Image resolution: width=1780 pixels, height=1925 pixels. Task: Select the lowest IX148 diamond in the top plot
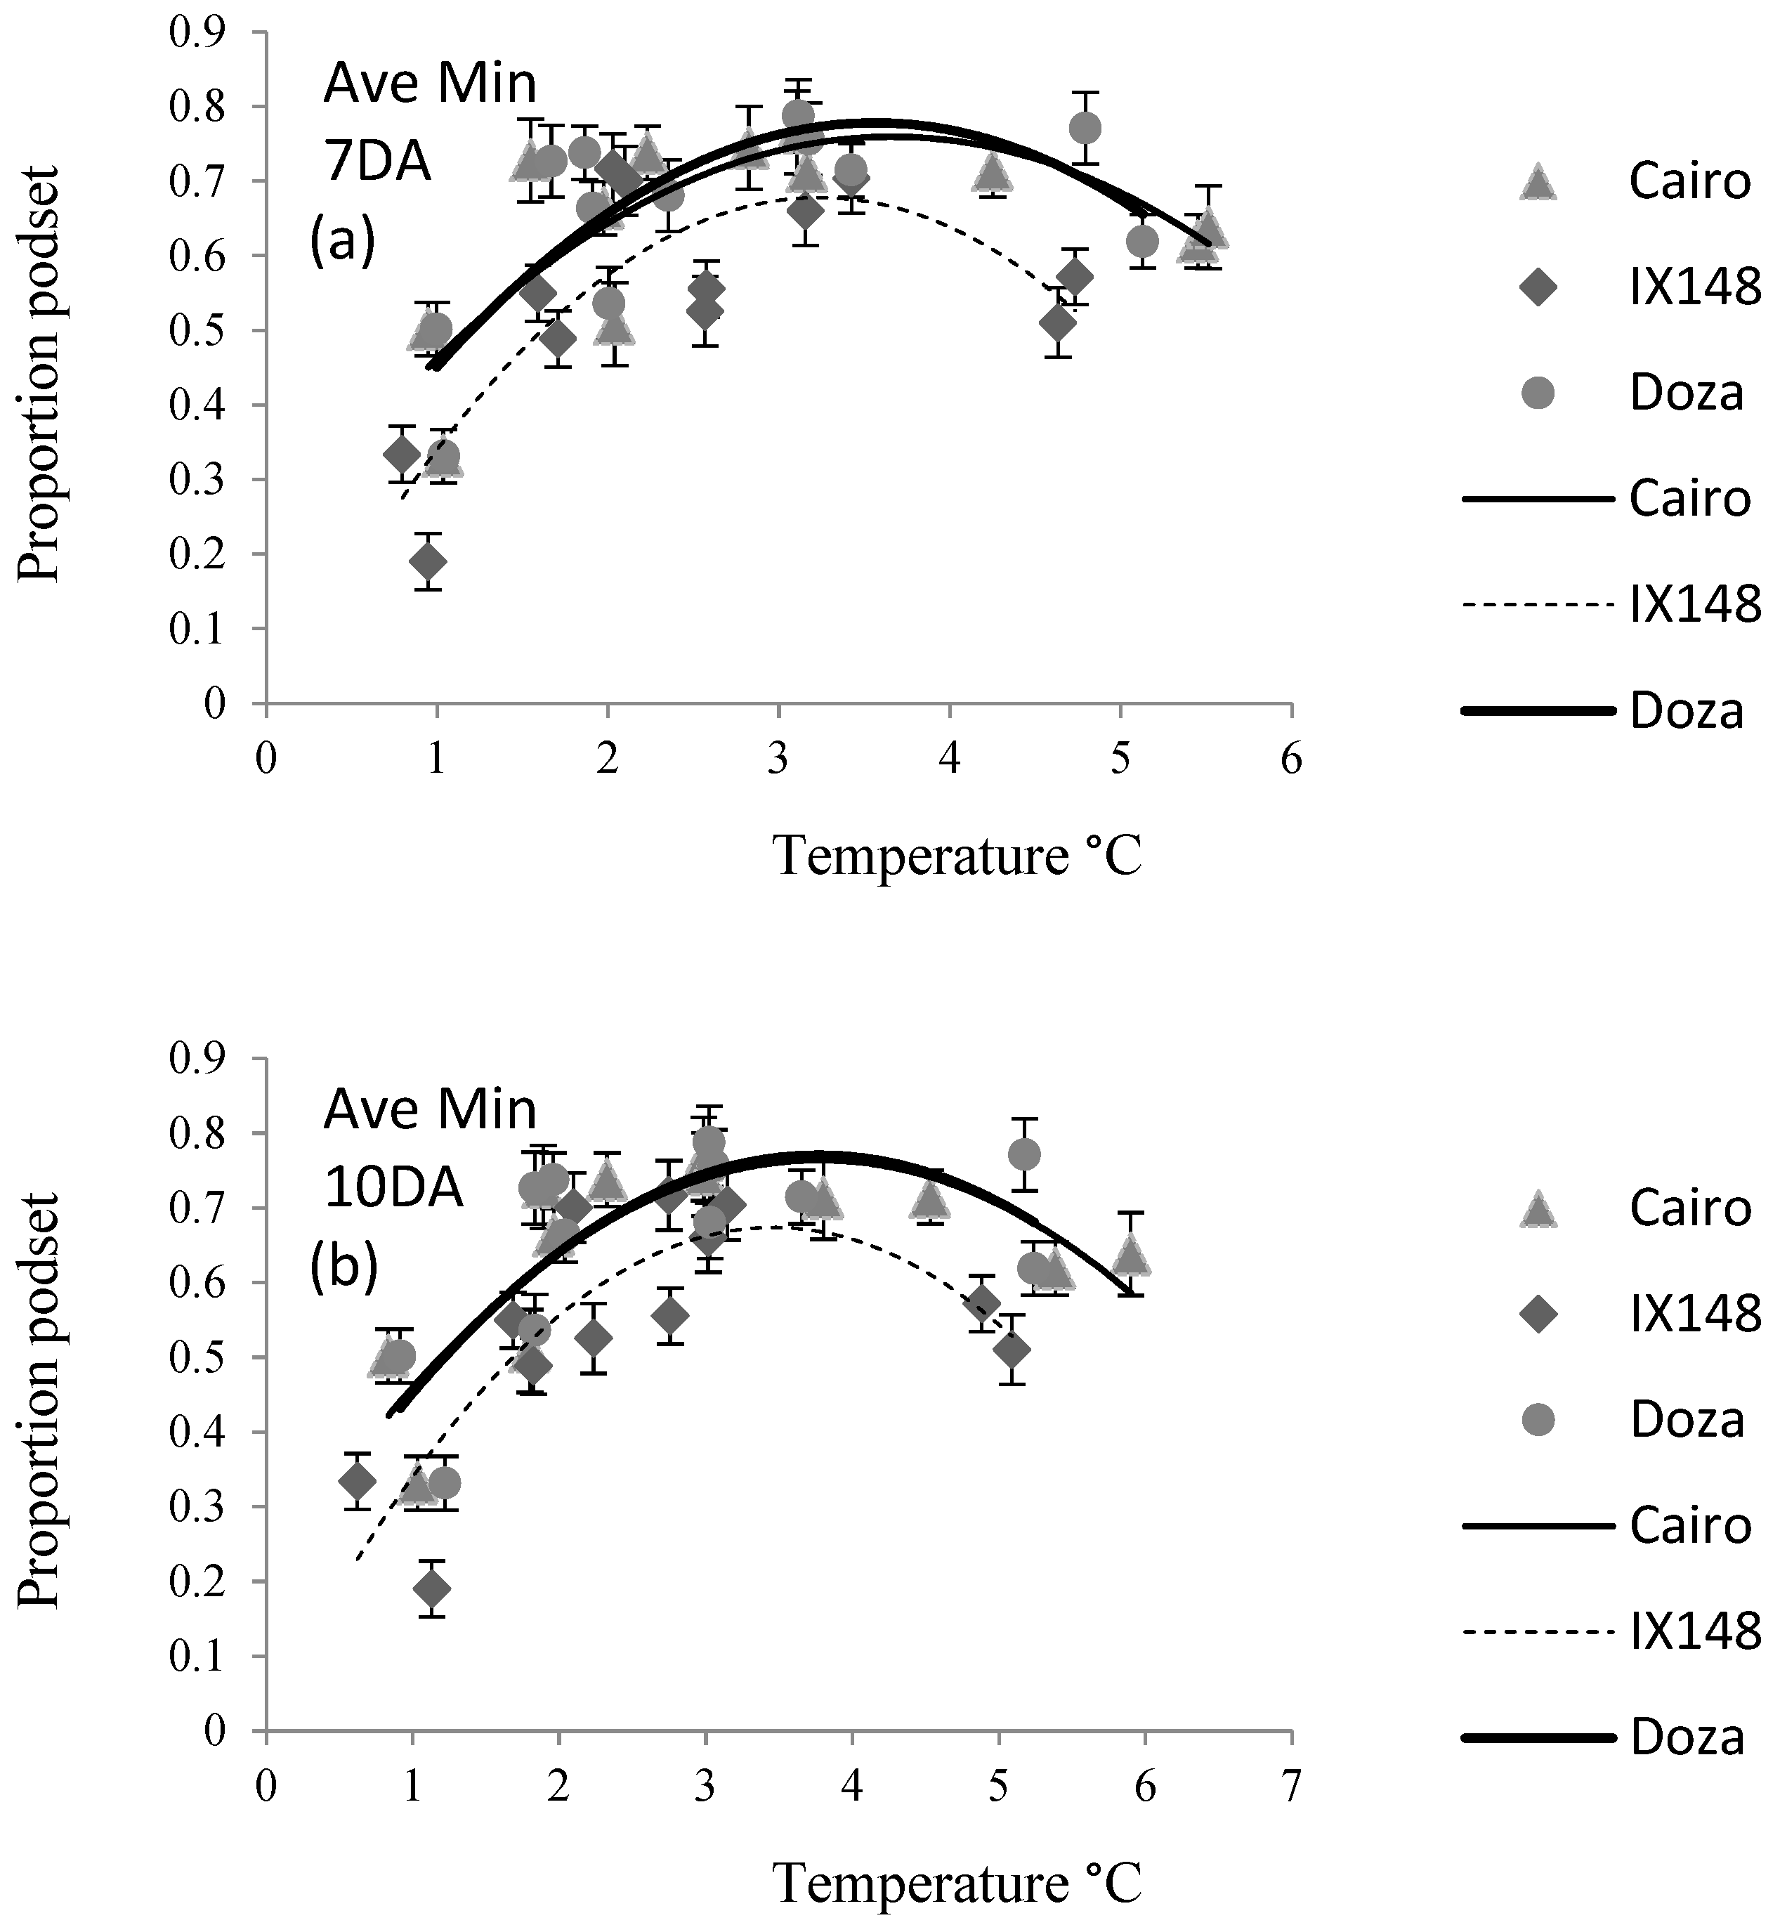pos(428,561)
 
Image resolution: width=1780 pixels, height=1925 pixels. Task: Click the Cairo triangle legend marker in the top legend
pos(1538,181)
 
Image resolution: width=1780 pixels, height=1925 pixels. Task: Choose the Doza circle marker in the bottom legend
pos(1538,1419)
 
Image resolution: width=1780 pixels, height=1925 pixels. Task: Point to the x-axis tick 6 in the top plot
pos(1290,760)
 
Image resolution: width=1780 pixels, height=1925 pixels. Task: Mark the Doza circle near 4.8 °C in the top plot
pos(1085,128)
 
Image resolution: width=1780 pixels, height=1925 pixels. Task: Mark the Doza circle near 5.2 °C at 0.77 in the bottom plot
pos(1024,1154)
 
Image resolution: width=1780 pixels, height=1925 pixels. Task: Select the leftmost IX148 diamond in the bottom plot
pos(358,1480)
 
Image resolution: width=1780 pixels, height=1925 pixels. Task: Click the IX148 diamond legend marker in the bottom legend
pos(1538,1313)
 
